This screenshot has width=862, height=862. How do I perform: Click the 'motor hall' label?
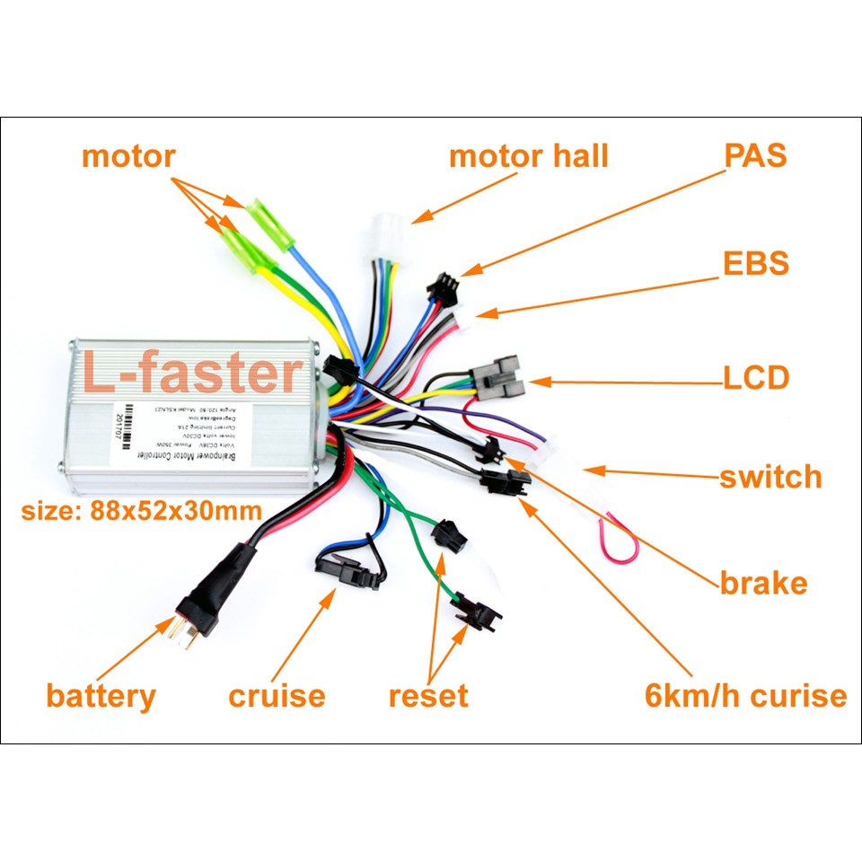(528, 156)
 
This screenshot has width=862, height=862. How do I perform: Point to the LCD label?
(756, 378)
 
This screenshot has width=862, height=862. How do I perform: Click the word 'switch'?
(770, 476)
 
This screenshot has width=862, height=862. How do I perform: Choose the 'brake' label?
(763, 584)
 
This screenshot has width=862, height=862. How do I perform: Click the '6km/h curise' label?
(745, 696)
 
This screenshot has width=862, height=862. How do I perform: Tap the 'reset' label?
(428, 696)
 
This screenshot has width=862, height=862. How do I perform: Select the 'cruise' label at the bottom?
(277, 696)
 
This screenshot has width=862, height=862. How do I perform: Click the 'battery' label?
(101, 696)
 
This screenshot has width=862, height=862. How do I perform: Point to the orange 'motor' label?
(128, 156)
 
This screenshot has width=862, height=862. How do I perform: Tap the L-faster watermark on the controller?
(193, 374)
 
